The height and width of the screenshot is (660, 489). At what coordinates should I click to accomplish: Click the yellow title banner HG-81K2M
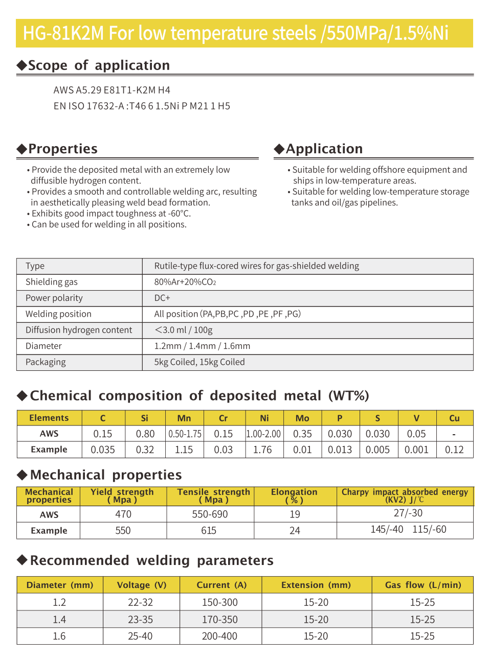[244, 33]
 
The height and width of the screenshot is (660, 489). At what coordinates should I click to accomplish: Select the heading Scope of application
[99, 65]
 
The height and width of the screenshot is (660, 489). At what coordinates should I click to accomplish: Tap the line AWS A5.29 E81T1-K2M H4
[112, 90]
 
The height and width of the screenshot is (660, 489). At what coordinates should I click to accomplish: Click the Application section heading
[324, 149]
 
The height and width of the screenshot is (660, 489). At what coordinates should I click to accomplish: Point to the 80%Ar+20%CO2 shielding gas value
[185, 282]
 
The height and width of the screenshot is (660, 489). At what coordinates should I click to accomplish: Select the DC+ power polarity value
[162, 298]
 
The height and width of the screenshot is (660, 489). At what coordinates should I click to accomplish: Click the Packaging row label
[46, 362]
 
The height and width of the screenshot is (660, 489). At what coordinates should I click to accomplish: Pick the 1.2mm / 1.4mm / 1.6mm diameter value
[202, 346]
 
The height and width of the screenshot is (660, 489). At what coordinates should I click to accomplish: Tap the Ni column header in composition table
[264, 418]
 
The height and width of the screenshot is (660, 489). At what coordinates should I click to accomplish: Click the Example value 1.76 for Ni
[262, 450]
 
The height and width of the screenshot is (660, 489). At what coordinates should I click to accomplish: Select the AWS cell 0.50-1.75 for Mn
[185, 434]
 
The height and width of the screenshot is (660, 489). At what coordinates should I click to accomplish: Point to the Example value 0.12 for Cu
[454, 450]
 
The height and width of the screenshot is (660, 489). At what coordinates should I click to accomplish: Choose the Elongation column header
[294, 496]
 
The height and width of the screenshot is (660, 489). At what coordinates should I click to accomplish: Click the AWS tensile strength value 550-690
[210, 514]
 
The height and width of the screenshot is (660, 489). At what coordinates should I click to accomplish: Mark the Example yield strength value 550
[123, 530]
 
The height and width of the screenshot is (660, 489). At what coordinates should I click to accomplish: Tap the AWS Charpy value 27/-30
[408, 513]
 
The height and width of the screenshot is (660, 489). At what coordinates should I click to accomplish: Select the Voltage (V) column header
[141, 585]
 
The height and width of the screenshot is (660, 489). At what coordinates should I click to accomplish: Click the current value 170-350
[219, 620]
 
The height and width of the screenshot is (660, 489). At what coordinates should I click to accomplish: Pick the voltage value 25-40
[140, 636]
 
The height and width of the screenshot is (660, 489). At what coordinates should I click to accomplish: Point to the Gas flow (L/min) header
[423, 585]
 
